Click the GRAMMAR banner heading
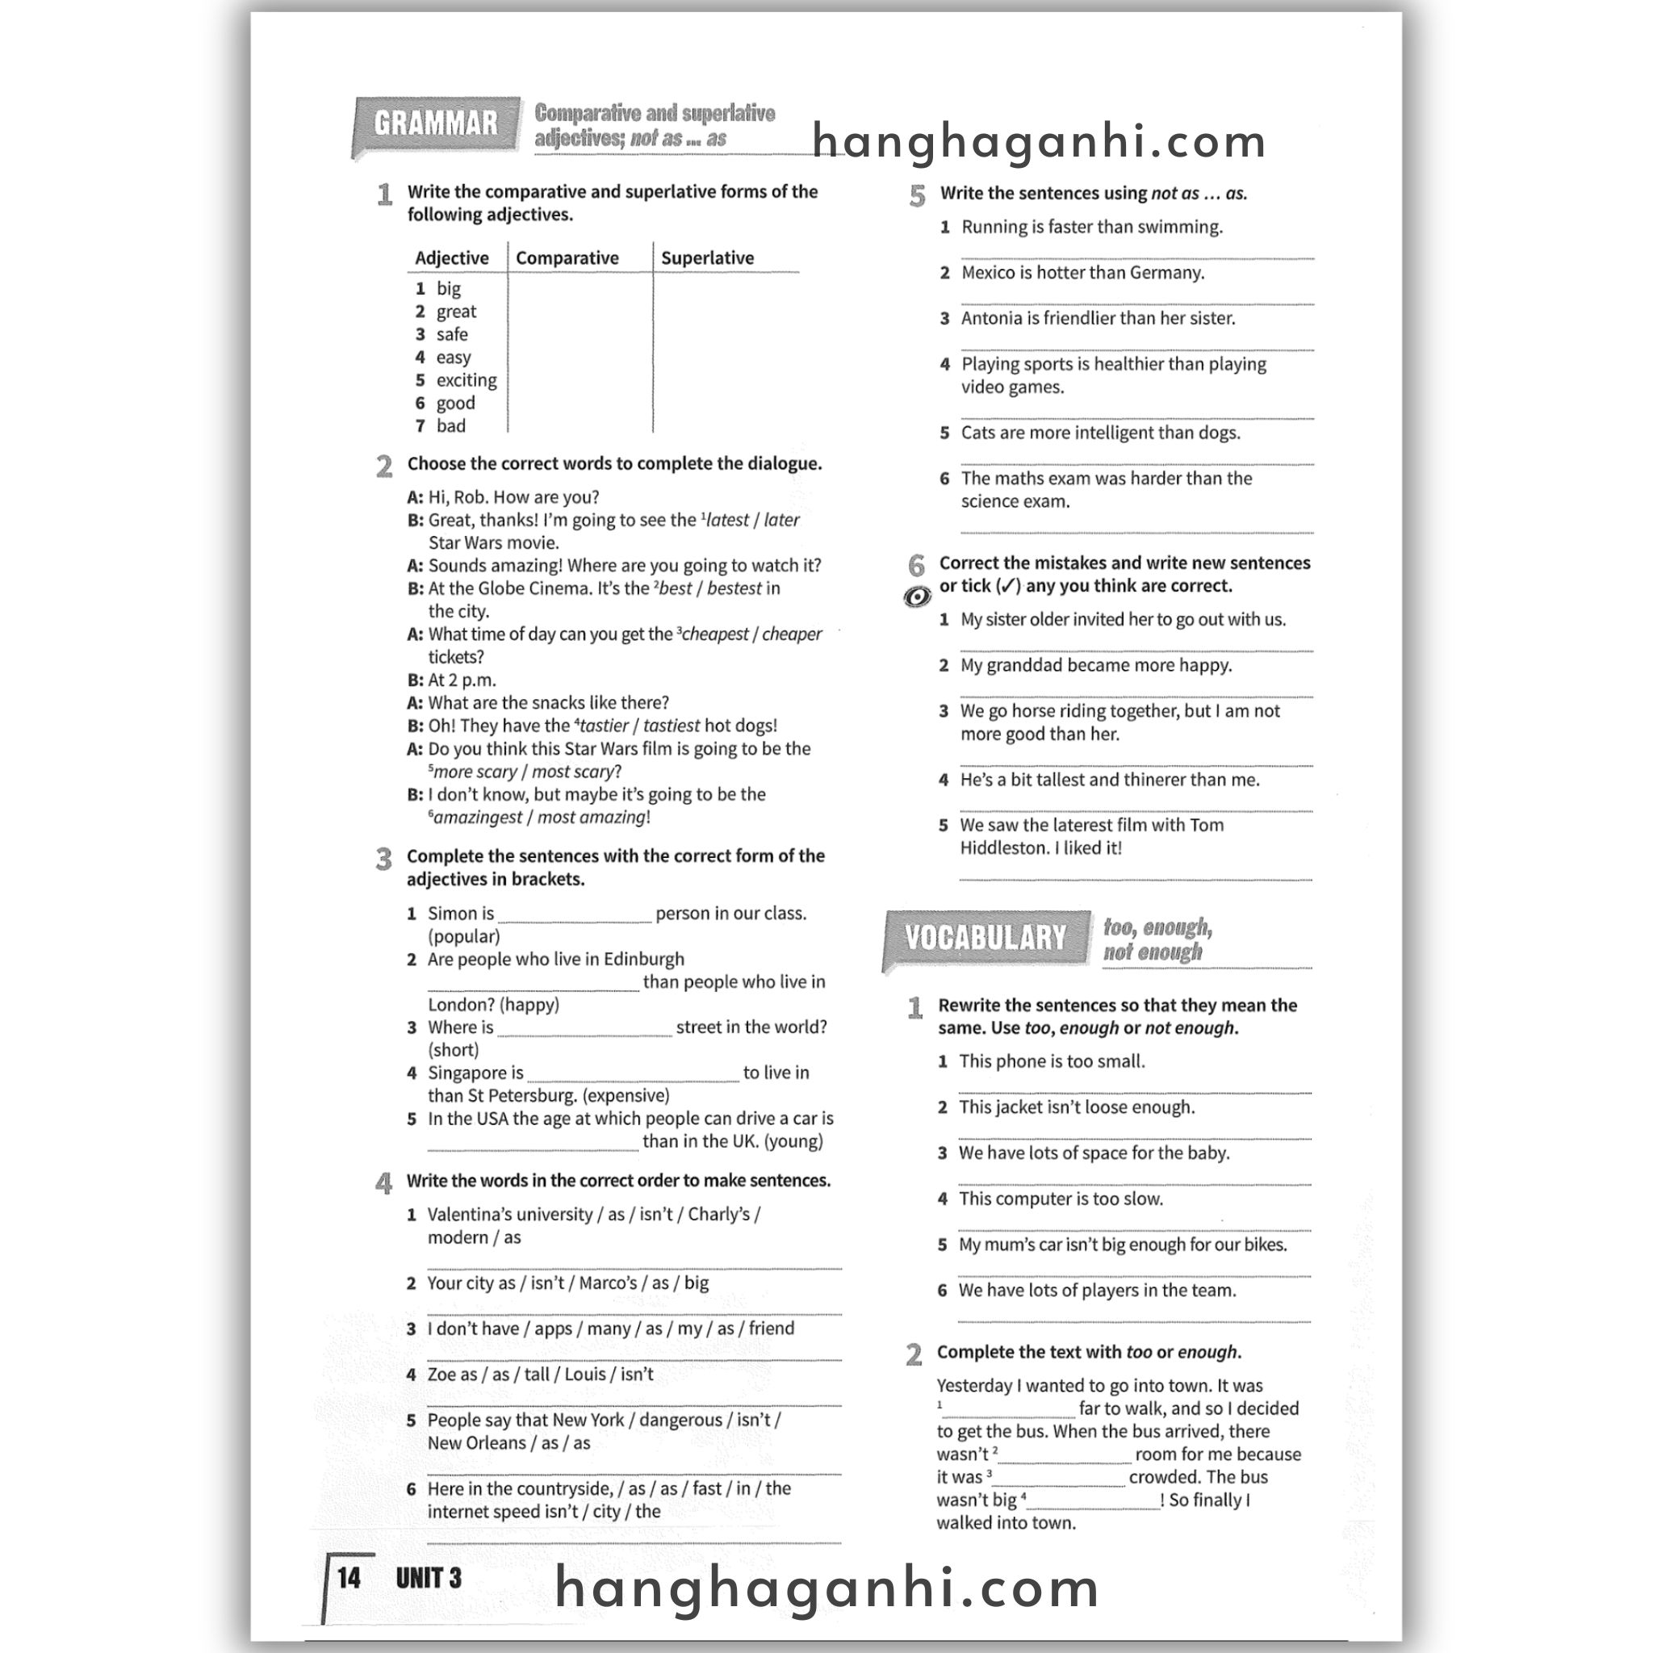436,124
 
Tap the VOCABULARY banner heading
986,938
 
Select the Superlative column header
707,258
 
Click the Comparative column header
567,258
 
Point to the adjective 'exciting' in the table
466,380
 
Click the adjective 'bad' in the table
451,426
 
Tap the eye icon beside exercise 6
917,596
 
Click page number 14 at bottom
348,1578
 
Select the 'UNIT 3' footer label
428,1578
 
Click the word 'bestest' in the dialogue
734,588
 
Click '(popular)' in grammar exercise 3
464,936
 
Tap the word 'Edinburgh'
643,959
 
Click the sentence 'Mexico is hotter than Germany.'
1082,273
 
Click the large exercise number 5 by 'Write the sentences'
917,196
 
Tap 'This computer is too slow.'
1060,1199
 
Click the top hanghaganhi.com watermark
1039,142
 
